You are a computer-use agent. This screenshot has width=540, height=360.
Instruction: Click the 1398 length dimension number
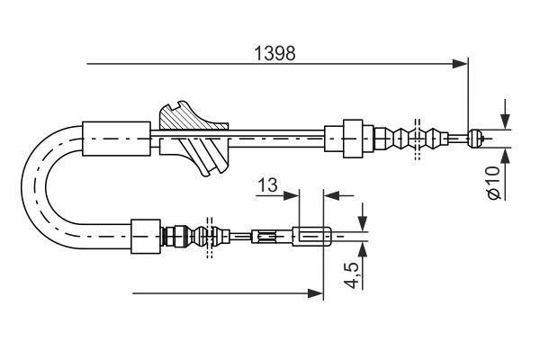275,52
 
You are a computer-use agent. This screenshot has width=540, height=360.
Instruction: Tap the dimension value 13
266,185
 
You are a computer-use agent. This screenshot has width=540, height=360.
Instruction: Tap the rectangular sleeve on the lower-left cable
145,238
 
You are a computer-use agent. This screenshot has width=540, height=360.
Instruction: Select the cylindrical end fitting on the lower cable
312,238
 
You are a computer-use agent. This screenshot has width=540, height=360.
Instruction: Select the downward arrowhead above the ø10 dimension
503,122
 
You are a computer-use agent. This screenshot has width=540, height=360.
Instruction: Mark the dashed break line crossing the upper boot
416,139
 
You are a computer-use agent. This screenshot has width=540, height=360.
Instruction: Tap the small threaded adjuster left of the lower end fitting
265,238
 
